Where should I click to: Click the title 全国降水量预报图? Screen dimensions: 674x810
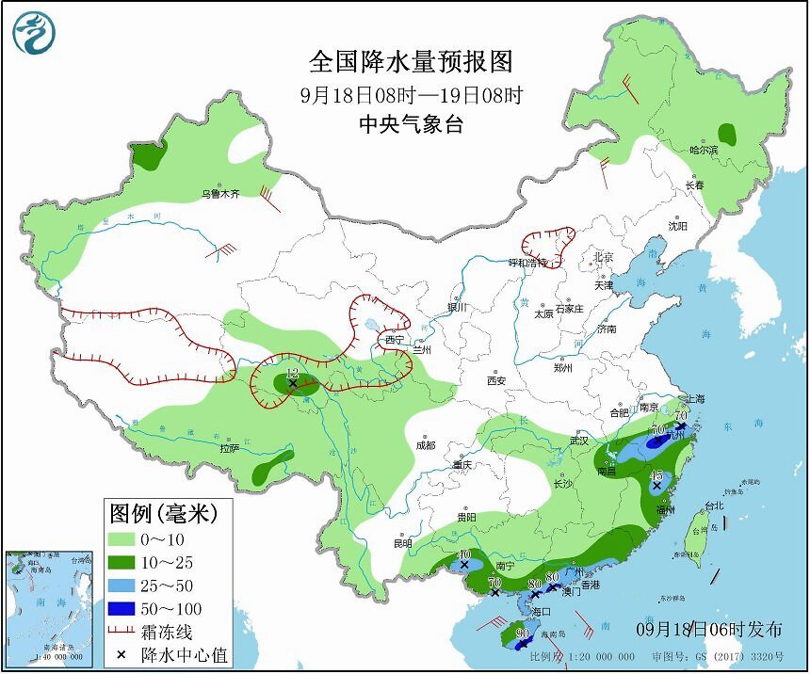point(412,62)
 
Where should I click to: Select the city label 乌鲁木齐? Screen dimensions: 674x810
point(220,194)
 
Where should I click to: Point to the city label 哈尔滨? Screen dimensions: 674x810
point(703,150)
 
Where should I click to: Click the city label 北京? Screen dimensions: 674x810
point(604,257)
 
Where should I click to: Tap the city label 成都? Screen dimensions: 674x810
point(426,445)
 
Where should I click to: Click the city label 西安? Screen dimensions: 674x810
point(497,380)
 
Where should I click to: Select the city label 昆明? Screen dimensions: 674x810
point(402,544)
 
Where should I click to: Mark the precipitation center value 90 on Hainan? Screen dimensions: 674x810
point(524,634)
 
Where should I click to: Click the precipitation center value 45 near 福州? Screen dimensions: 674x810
point(657,475)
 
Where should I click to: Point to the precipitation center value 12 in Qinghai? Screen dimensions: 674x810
point(292,374)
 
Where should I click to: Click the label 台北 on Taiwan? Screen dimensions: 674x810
point(714,505)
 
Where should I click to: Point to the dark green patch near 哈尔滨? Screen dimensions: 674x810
point(726,133)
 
